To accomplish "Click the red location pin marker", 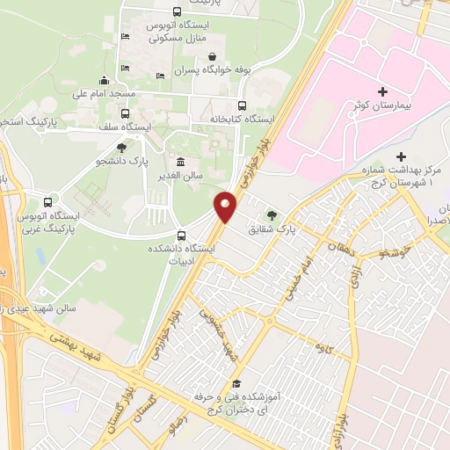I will click(x=226, y=207).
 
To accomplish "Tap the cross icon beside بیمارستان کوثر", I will click(x=382, y=91).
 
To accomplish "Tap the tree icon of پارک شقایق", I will click(x=272, y=214).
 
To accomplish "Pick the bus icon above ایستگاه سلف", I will click(x=125, y=113).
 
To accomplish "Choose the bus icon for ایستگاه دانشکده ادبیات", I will click(x=181, y=236).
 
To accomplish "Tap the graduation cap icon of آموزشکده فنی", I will click(x=236, y=383).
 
